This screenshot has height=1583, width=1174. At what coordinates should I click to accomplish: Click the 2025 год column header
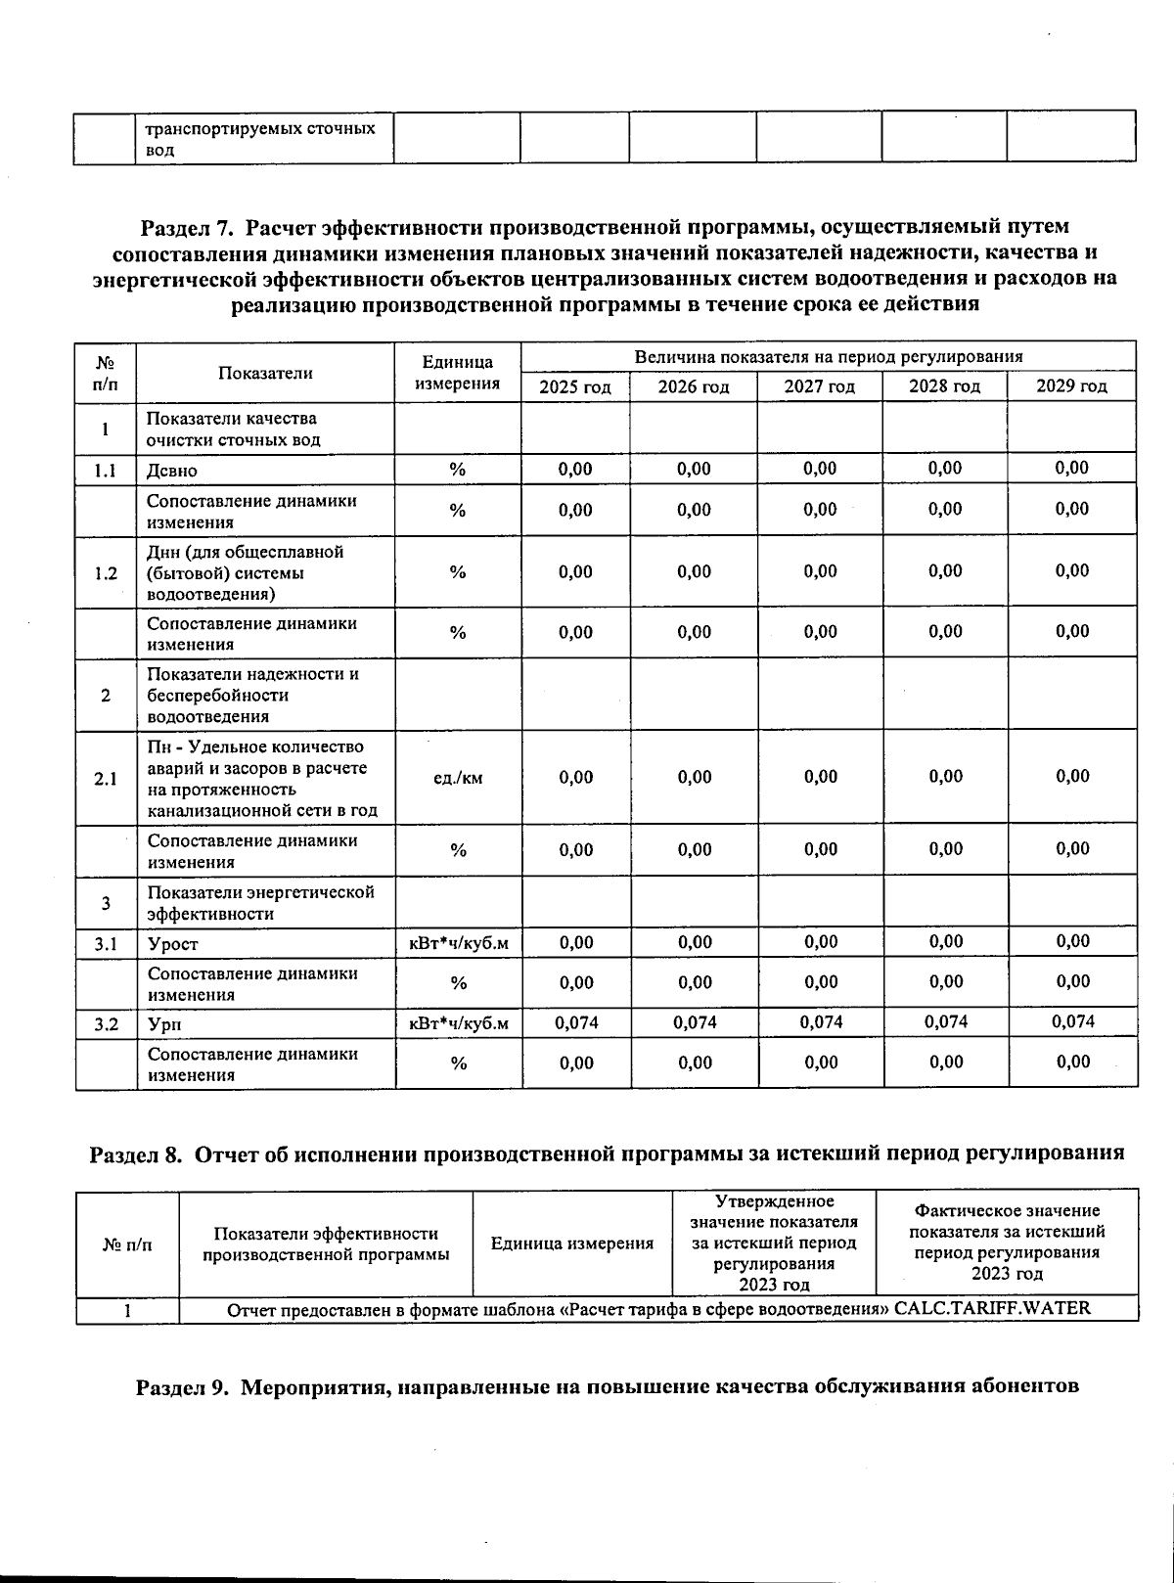click(x=575, y=386)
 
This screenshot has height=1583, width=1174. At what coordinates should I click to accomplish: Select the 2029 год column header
click(x=1071, y=386)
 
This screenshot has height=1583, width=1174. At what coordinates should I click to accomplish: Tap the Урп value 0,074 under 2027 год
click(x=821, y=1022)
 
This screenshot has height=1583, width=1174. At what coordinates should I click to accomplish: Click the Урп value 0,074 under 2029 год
click(x=1072, y=1022)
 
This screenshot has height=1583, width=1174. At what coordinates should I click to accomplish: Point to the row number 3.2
click(x=106, y=1024)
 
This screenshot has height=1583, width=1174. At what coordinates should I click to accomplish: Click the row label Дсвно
click(x=172, y=471)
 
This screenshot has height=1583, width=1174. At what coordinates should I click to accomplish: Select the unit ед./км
click(x=457, y=779)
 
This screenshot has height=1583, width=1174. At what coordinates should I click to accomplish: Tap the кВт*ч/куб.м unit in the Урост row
click(x=458, y=944)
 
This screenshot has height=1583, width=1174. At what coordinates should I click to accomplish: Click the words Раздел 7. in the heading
click(x=186, y=228)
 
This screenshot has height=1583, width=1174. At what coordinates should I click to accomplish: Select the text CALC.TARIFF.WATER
click(x=992, y=1308)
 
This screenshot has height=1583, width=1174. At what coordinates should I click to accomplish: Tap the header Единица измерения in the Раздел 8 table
click(x=571, y=1244)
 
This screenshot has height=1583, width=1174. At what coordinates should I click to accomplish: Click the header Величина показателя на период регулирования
click(x=828, y=357)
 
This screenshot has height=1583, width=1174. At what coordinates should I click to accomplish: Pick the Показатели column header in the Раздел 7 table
click(x=265, y=373)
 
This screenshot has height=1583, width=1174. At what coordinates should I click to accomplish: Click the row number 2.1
click(x=106, y=779)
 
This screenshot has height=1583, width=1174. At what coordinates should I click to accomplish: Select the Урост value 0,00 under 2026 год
click(x=694, y=942)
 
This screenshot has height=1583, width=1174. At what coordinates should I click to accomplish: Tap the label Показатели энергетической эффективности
click(x=260, y=903)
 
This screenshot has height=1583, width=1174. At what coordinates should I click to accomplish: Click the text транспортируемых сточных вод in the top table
click(x=260, y=139)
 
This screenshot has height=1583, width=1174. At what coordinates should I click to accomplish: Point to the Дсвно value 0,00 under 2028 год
click(x=945, y=468)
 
